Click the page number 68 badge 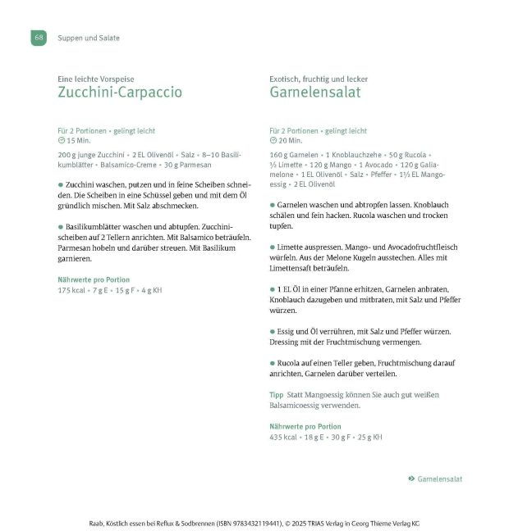39,38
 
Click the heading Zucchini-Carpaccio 120,93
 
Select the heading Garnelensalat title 315,93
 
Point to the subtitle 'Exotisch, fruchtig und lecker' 319,79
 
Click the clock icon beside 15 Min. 61,141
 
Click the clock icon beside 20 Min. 273,141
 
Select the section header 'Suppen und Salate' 89,38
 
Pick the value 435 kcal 284,437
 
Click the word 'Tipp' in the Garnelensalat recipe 277,395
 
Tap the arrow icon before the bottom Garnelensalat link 410,479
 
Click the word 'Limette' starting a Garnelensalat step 291,247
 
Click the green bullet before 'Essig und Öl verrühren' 273,331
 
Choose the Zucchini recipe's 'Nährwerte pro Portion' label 94,279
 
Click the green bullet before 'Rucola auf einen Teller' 273,363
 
